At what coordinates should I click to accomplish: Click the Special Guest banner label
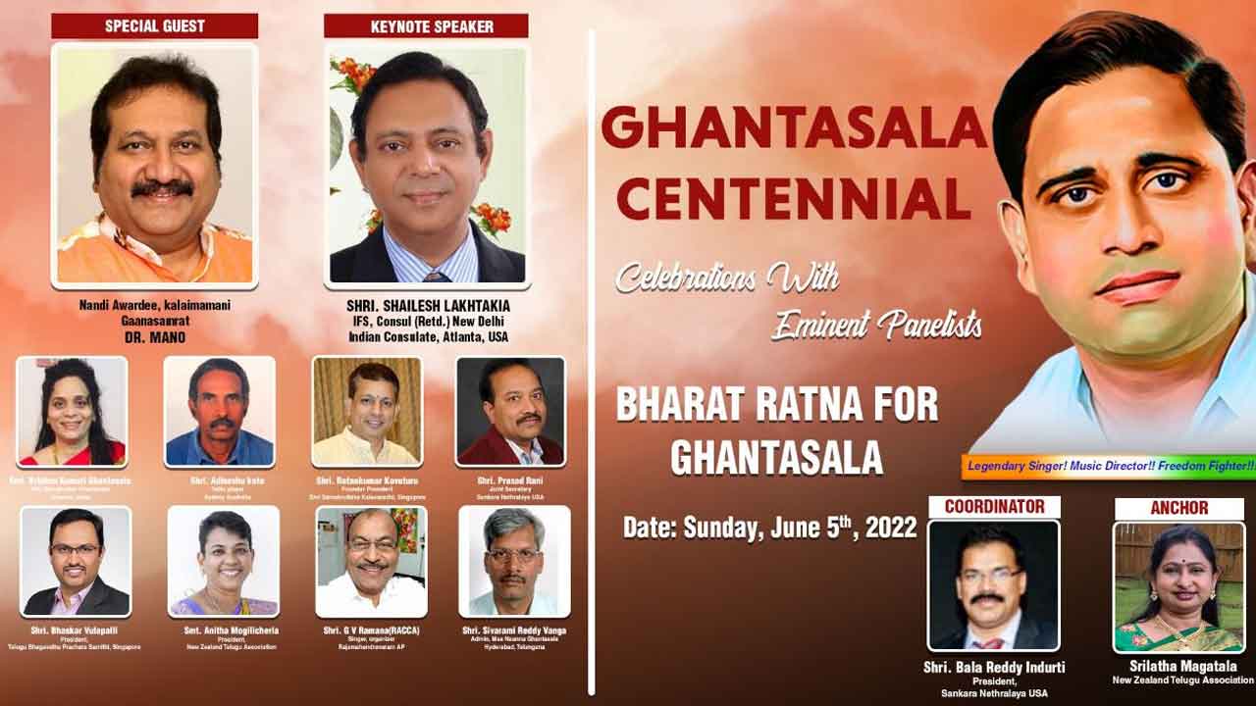click(154, 25)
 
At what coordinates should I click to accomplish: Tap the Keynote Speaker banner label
click(426, 25)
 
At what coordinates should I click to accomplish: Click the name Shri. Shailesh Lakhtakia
click(428, 306)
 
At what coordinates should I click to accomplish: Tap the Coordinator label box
click(993, 506)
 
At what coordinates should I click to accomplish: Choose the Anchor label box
click(1178, 507)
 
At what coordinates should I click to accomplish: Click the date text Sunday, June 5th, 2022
click(769, 529)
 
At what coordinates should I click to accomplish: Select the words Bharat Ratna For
click(776, 406)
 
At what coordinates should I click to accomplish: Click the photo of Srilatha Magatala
click(1177, 586)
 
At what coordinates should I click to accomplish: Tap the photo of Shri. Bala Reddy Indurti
click(993, 586)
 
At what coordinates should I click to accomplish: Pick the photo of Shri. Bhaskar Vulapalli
click(76, 561)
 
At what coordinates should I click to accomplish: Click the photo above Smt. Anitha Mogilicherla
click(224, 561)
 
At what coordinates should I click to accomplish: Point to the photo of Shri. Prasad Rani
click(510, 411)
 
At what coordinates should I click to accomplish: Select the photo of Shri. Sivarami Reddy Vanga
click(514, 561)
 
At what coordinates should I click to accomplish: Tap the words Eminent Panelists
click(876, 325)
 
